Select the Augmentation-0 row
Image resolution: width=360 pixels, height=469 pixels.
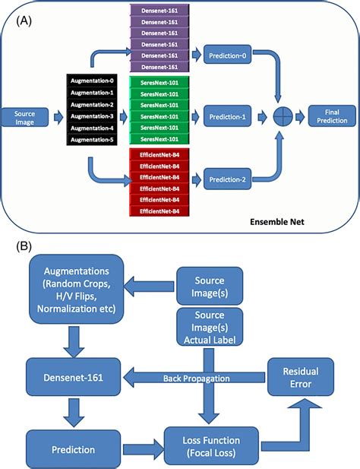91,80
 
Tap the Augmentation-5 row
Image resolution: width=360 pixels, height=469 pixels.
91,141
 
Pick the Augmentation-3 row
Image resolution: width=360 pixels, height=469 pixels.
91,117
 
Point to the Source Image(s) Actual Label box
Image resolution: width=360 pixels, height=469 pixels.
210,328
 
